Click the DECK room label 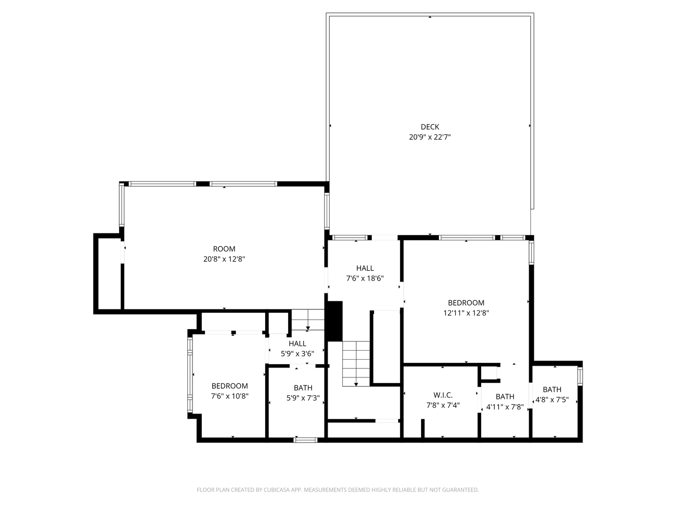coord(430,127)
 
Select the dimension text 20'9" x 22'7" coord(430,137)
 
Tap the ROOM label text coord(224,249)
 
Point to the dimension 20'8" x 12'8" coord(224,259)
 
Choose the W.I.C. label coord(443,395)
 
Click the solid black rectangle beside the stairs coord(334,321)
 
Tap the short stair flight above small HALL coord(307,320)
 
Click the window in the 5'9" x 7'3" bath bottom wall coord(305,440)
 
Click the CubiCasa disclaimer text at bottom coord(338,490)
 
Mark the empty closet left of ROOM coord(109,273)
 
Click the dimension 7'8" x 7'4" coord(443,405)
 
